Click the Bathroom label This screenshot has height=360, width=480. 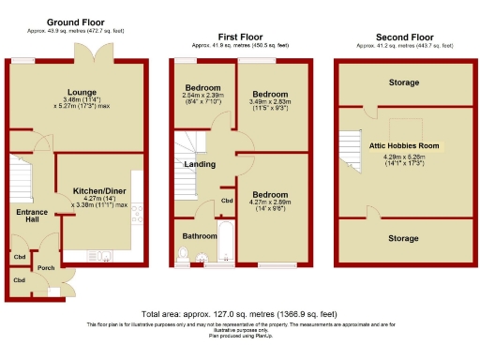point(200,235)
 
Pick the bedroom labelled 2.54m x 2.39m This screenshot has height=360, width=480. point(201,95)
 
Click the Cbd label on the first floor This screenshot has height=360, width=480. point(227,201)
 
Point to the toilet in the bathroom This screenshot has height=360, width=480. point(184,254)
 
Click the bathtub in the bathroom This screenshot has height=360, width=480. point(225,243)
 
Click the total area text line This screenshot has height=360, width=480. point(238,313)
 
